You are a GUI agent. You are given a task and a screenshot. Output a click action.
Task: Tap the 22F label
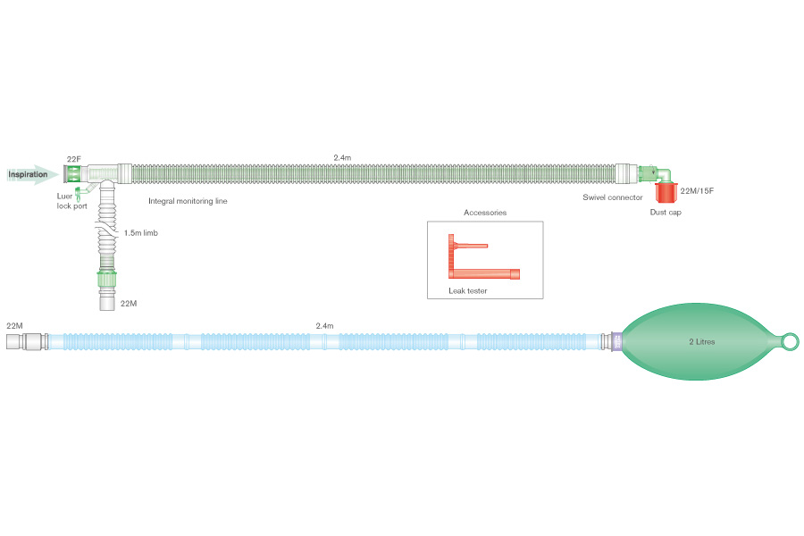click(74, 159)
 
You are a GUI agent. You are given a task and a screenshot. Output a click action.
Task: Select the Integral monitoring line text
click(188, 201)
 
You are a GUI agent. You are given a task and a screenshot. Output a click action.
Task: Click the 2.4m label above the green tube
click(342, 157)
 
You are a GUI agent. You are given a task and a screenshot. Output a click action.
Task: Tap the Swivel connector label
click(613, 197)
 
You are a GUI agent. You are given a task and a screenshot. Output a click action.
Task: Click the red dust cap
click(666, 192)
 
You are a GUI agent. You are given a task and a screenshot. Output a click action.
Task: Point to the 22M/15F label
click(698, 190)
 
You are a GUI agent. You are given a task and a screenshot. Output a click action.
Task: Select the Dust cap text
click(666, 212)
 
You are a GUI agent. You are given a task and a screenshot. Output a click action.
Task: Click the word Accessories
click(485, 213)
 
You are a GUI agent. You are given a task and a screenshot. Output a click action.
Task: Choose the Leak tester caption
click(467, 290)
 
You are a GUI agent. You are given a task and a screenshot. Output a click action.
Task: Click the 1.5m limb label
click(141, 233)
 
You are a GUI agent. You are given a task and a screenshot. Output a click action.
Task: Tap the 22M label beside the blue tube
click(14, 326)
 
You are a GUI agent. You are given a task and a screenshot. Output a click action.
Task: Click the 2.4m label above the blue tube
click(324, 326)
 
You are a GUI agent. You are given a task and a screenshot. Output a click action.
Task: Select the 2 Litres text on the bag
click(701, 341)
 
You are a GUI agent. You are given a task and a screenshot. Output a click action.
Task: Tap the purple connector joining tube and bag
click(616, 341)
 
